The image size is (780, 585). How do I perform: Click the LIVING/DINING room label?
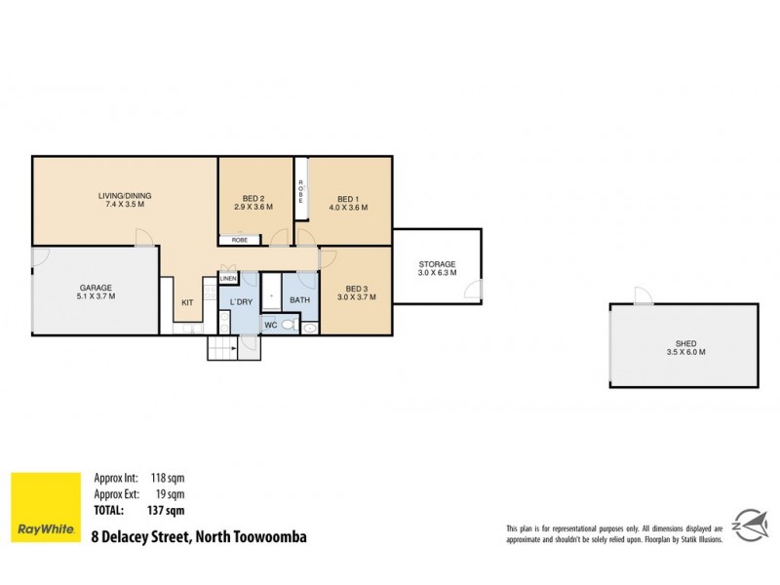click(x=124, y=195)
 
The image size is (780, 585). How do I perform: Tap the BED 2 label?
click(x=253, y=198)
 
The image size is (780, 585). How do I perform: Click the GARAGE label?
click(x=96, y=287)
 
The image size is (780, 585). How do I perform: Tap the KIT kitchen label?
click(x=187, y=302)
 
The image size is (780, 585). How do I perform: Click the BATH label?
click(x=299, y=300)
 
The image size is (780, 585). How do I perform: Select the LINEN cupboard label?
click(x=228, y=278)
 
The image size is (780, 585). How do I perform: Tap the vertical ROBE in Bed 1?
click(x=301, y=190)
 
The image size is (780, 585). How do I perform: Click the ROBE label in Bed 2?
click(x=240, y=239)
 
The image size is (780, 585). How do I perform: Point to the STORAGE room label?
click(x=437, y=264)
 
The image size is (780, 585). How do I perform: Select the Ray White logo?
click(x=45, y=507)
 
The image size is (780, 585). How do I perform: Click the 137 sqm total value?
click(x=167, y=510)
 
